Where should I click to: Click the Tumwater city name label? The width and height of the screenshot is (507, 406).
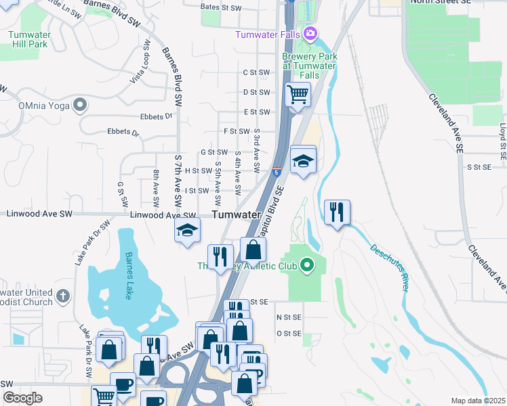click(x=237, y=215)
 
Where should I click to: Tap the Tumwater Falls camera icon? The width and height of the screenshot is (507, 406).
click(x=310, y=33)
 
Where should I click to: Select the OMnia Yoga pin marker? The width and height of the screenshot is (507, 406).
click(x=81, y=105)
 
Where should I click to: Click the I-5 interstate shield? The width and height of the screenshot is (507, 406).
click(x=277, y=171)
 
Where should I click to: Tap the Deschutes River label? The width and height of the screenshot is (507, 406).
click(x=390, y=267)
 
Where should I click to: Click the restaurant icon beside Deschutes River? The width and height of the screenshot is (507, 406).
click(x=337, y=212)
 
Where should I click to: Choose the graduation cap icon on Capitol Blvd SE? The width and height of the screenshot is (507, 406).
click(x=304, y=160)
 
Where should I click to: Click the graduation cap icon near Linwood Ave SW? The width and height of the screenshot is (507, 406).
click(x=187, y=230)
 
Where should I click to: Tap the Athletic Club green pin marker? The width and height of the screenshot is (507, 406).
click(x=306, y=265)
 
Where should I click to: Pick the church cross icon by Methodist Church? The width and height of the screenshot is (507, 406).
click(x=62, y=296)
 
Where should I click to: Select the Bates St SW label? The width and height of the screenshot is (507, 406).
click(x=221, y=8)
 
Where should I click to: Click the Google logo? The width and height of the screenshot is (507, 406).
click(x=22, y=398)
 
